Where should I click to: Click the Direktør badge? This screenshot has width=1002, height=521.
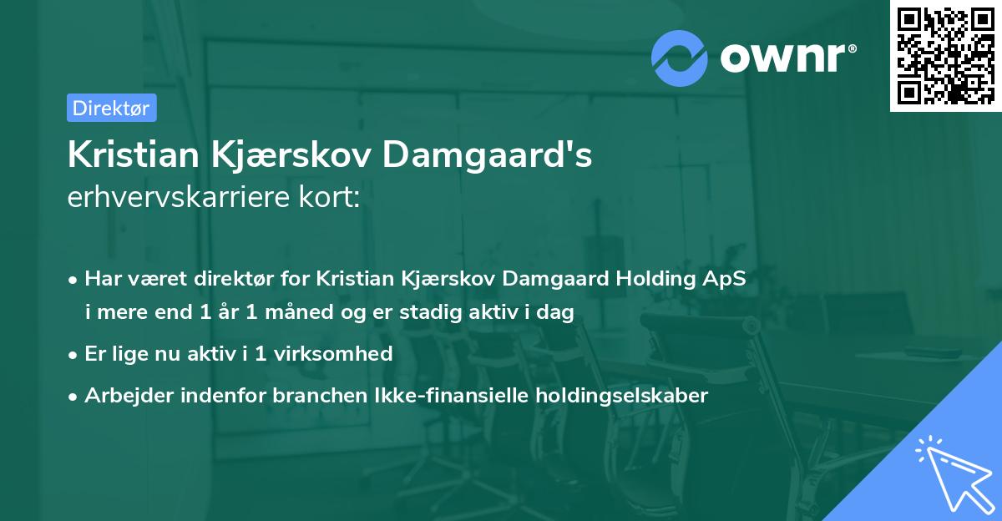111,108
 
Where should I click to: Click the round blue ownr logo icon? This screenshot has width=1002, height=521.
681,58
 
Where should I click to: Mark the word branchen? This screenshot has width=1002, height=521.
308,395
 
